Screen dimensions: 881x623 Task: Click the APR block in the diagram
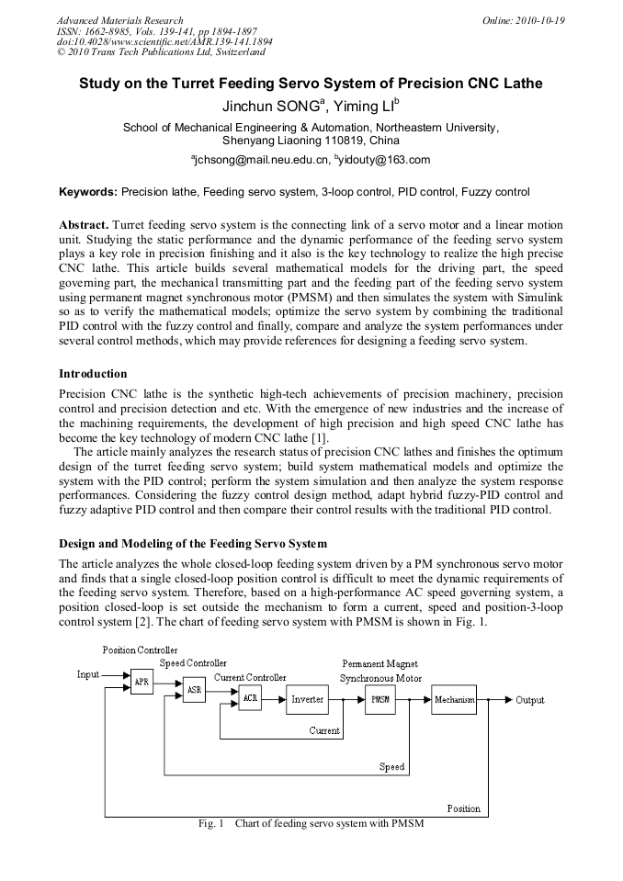pos(142,682)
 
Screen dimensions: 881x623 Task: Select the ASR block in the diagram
pos(193,691)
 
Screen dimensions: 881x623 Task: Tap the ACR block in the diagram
pos(250,699)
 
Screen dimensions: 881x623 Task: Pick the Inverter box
pos(307,700)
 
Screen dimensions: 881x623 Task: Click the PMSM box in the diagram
pos(379,700)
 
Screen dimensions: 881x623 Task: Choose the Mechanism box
pos(454,700)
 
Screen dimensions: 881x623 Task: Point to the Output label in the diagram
pos(529,700)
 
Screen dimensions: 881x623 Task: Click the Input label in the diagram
pos(88,674)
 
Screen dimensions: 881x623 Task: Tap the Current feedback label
pos(324,731)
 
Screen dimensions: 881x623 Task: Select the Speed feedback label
pos(391,767)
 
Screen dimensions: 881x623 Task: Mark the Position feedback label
pos(463,808)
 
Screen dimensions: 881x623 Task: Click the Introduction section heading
pos(93,374)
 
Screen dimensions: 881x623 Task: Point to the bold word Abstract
pos(85,225)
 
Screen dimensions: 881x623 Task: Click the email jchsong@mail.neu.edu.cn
pos(261,160)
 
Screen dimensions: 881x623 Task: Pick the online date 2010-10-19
pos(541,20)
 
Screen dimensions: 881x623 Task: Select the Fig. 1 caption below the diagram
pos(311,823)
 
